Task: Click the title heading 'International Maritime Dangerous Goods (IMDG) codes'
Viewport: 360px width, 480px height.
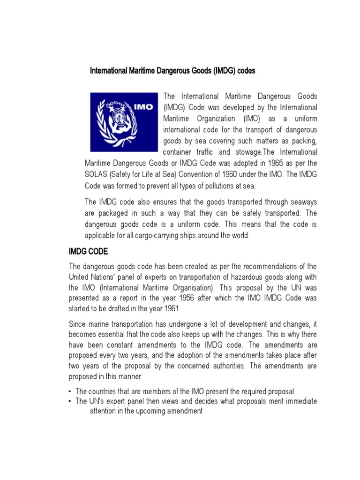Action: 172,71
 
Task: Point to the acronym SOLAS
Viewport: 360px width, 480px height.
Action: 97,174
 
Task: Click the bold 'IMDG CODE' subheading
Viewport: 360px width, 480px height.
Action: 88,252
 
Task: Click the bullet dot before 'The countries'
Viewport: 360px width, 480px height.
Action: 70,391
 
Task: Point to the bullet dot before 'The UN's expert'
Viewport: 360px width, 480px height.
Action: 70,402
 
